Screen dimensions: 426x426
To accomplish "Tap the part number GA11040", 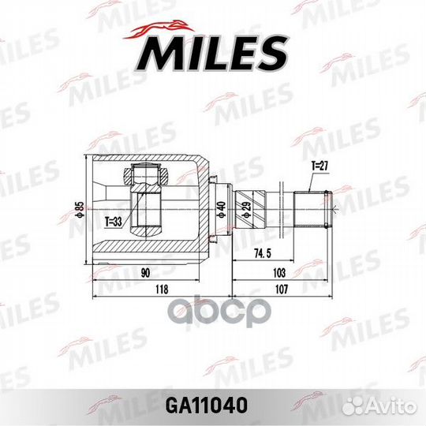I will point(213,405).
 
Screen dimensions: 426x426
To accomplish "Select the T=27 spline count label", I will point(318,166).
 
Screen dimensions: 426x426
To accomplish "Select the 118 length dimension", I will point(163,289).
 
